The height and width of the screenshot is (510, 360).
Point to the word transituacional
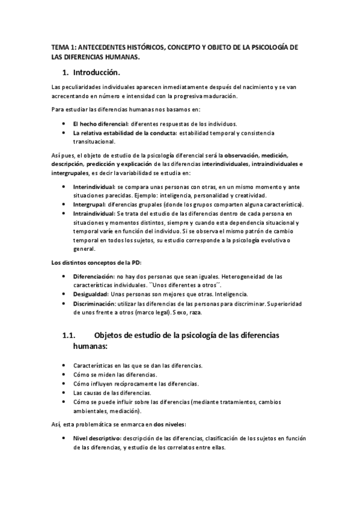95,143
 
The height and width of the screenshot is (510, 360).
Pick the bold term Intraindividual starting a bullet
93,214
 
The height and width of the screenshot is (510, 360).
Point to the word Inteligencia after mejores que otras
231,295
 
